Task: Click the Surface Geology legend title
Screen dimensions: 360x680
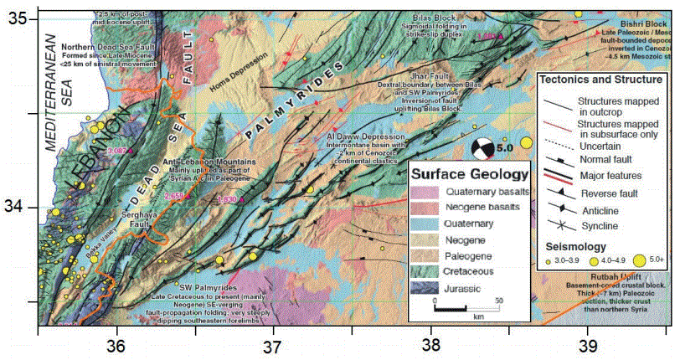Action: [468, 175]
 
